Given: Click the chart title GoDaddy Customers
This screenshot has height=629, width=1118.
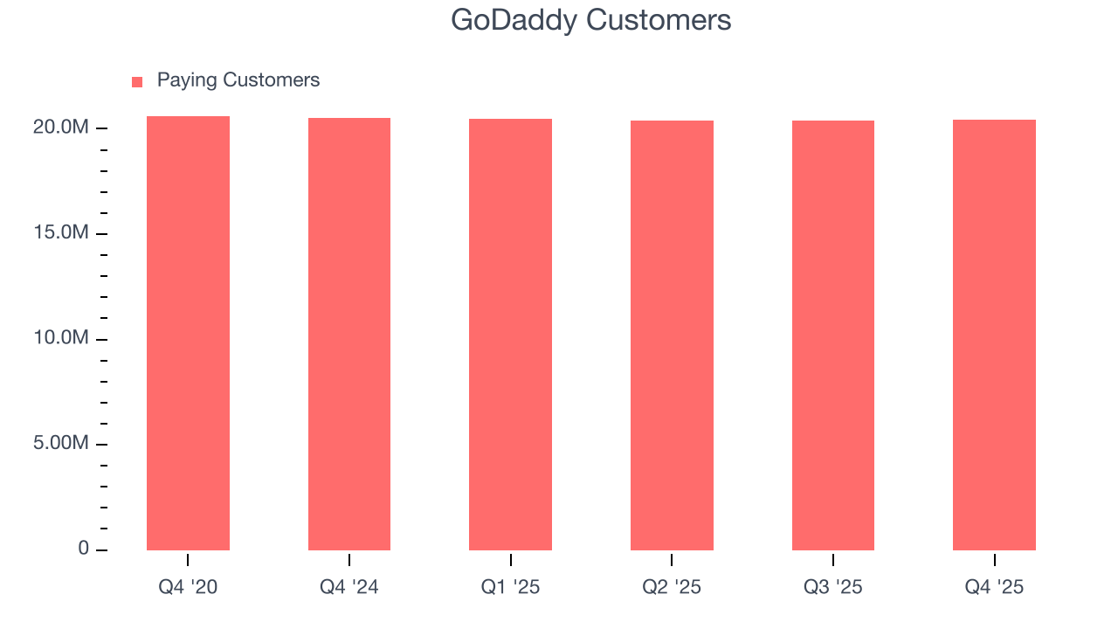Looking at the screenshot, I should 590,20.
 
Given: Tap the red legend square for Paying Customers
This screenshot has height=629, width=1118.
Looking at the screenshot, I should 137,82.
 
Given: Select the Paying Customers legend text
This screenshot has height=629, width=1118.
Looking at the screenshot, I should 238,80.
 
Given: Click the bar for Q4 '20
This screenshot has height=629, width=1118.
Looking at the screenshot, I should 188,333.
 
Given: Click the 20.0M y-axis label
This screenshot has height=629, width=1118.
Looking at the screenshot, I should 61,128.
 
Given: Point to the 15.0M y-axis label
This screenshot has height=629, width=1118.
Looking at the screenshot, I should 61,233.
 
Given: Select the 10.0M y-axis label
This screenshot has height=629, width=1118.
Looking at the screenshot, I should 61,338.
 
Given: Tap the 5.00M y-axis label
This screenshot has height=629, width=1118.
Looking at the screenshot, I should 61,444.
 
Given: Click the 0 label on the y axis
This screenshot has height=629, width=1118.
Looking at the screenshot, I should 84,549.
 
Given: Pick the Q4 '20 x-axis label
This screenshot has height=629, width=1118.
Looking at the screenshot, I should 188,587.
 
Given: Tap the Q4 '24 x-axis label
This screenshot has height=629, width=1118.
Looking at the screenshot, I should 349,587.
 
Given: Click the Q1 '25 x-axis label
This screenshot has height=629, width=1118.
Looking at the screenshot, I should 510,587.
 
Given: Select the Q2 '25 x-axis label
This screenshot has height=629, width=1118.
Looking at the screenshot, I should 672,587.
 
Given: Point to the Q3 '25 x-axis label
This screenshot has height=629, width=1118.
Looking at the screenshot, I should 833,587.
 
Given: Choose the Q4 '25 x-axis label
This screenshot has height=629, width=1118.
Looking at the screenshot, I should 994,587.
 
